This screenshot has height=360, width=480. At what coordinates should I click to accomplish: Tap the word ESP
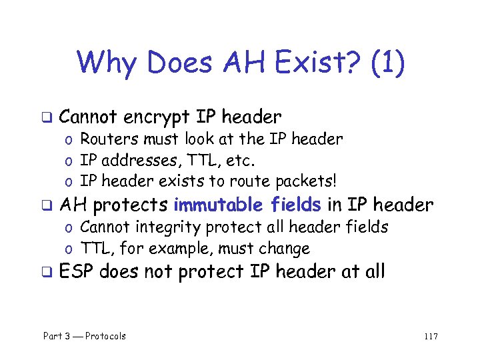pos(77,272)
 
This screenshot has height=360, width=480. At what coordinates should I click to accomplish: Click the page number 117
pos(430,336)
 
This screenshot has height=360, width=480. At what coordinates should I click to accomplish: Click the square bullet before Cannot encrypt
pos(48,119)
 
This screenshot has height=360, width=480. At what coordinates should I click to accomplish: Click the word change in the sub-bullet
pos(285,249)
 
